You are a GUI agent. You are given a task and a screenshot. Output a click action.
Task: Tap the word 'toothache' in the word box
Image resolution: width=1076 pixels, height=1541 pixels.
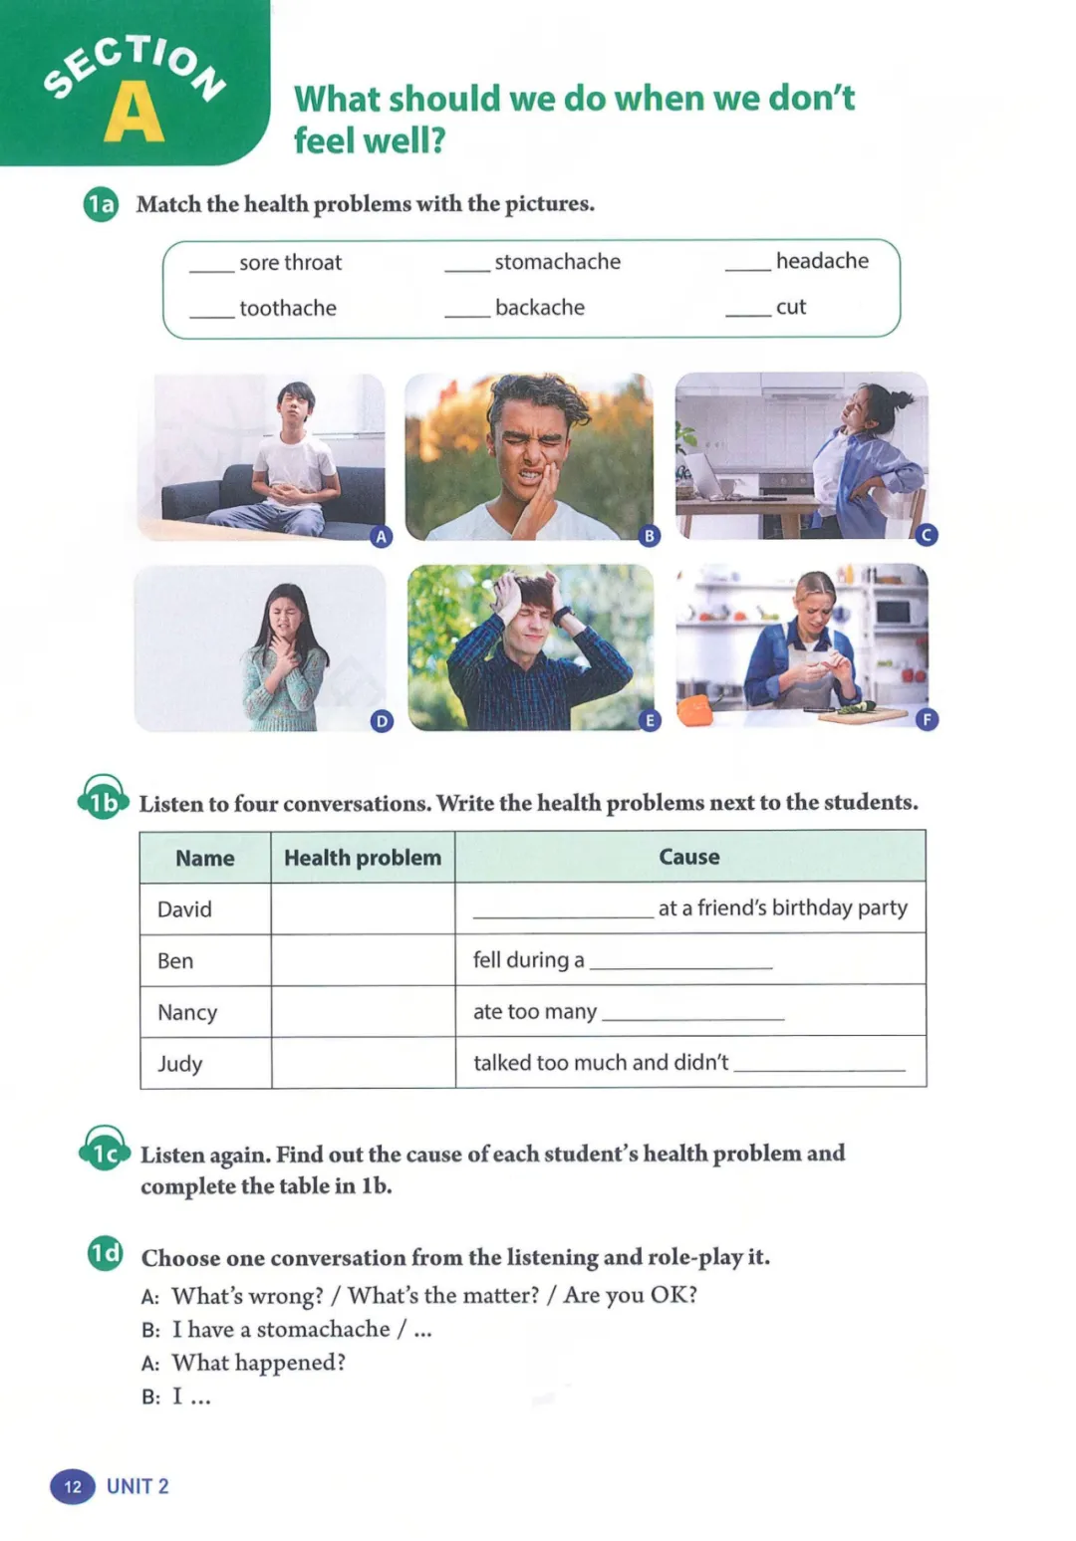[x=288, y=309]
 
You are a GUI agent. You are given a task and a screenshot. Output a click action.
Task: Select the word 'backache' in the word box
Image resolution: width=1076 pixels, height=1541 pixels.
[x=540, y=308]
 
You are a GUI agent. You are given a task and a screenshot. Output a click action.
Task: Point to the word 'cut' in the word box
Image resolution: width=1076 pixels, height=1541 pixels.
[x=791, y=308]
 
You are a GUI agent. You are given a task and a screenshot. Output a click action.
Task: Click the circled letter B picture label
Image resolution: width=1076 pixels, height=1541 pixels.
[x=650, y=536]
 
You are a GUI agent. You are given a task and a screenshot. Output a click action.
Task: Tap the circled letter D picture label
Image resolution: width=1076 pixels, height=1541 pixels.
[x=382, y=721]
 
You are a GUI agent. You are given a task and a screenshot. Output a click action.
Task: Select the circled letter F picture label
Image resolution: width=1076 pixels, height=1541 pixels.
[x=927, y=719]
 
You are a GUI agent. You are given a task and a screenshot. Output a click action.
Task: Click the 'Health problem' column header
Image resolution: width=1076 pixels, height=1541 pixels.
[x=363, y=858]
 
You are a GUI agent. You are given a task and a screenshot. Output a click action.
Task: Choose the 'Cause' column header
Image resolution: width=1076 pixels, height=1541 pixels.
[x=689, y=857]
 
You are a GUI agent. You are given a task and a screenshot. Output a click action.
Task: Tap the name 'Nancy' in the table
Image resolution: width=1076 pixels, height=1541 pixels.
[x=187, y=1012]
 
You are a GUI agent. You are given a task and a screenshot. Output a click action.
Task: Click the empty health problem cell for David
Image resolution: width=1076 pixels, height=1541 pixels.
[x=363, y=908]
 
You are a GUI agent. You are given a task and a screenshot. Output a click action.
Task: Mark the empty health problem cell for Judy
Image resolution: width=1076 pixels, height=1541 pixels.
[x=363, y=1063]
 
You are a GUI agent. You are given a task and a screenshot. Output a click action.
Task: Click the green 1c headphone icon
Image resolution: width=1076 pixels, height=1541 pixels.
[x=105, y=1152]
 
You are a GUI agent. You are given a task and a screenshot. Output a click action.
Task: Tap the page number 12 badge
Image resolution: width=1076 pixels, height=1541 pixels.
[x=73, y=1486]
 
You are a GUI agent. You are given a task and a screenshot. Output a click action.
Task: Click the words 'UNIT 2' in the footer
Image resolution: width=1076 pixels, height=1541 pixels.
[x=137, y=1486]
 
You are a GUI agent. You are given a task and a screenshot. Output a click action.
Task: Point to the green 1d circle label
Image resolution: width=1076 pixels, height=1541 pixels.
[x=105, y=1253]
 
